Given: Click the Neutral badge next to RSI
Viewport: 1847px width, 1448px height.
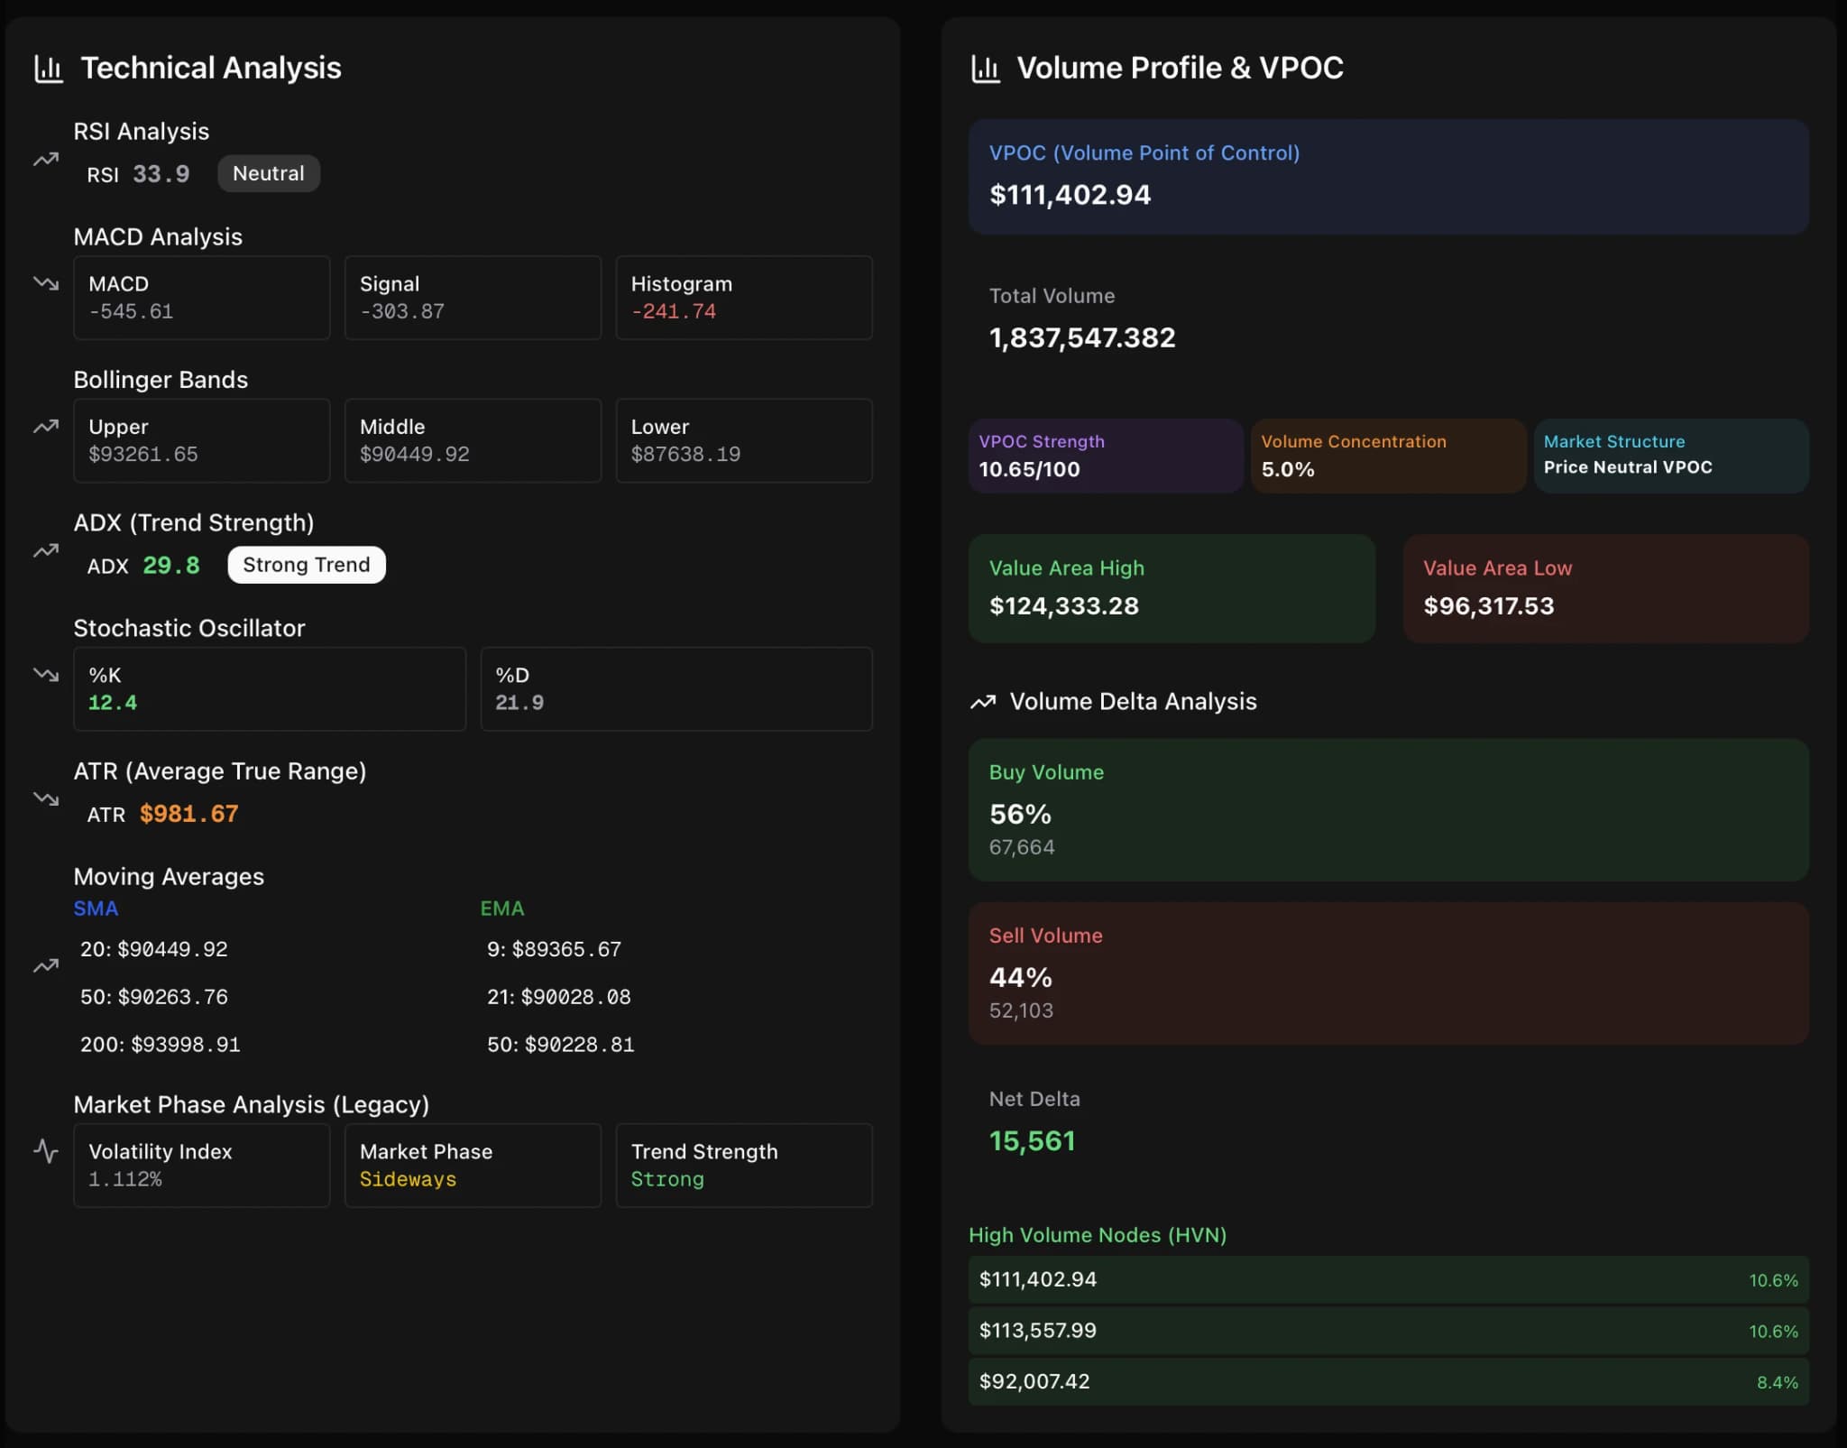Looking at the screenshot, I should [268, 173].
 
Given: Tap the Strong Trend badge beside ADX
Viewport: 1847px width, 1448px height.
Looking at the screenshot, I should [306, 565].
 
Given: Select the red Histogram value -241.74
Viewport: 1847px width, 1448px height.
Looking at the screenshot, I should [673, 311].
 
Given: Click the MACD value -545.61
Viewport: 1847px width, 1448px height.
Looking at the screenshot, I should [131, 311].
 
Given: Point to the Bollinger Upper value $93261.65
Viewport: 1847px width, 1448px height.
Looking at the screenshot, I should [142, 454].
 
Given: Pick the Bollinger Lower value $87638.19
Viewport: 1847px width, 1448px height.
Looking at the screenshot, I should [685, 454].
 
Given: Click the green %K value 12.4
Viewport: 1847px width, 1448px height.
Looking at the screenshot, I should [113, 702].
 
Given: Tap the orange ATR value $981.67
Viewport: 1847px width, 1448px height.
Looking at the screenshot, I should [188, 814].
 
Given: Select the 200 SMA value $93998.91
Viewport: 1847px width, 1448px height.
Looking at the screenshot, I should [185, 1044].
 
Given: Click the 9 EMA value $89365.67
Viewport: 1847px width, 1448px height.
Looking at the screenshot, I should [566, 949].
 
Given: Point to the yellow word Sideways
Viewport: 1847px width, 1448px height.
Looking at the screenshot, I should [408, 1179].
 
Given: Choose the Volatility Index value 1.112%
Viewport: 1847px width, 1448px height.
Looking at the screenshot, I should [125, 1179].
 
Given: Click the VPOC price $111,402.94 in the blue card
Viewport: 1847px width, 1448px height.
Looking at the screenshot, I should [1070, 195].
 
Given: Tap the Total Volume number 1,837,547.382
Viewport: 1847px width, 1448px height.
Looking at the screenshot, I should [1082, 337].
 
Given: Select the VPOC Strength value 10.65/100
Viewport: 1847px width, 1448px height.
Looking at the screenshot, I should [1029, 469].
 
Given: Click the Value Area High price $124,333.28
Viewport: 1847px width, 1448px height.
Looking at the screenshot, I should [1063, 605].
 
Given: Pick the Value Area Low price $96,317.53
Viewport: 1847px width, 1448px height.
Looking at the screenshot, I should [1488, 605].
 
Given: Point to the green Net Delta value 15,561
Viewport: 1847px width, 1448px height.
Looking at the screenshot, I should [1032, 1141].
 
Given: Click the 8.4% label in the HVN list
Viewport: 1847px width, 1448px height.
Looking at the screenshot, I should [1777, 1382].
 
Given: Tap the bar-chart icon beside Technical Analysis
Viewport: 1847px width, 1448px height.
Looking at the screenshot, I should [49, 69].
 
